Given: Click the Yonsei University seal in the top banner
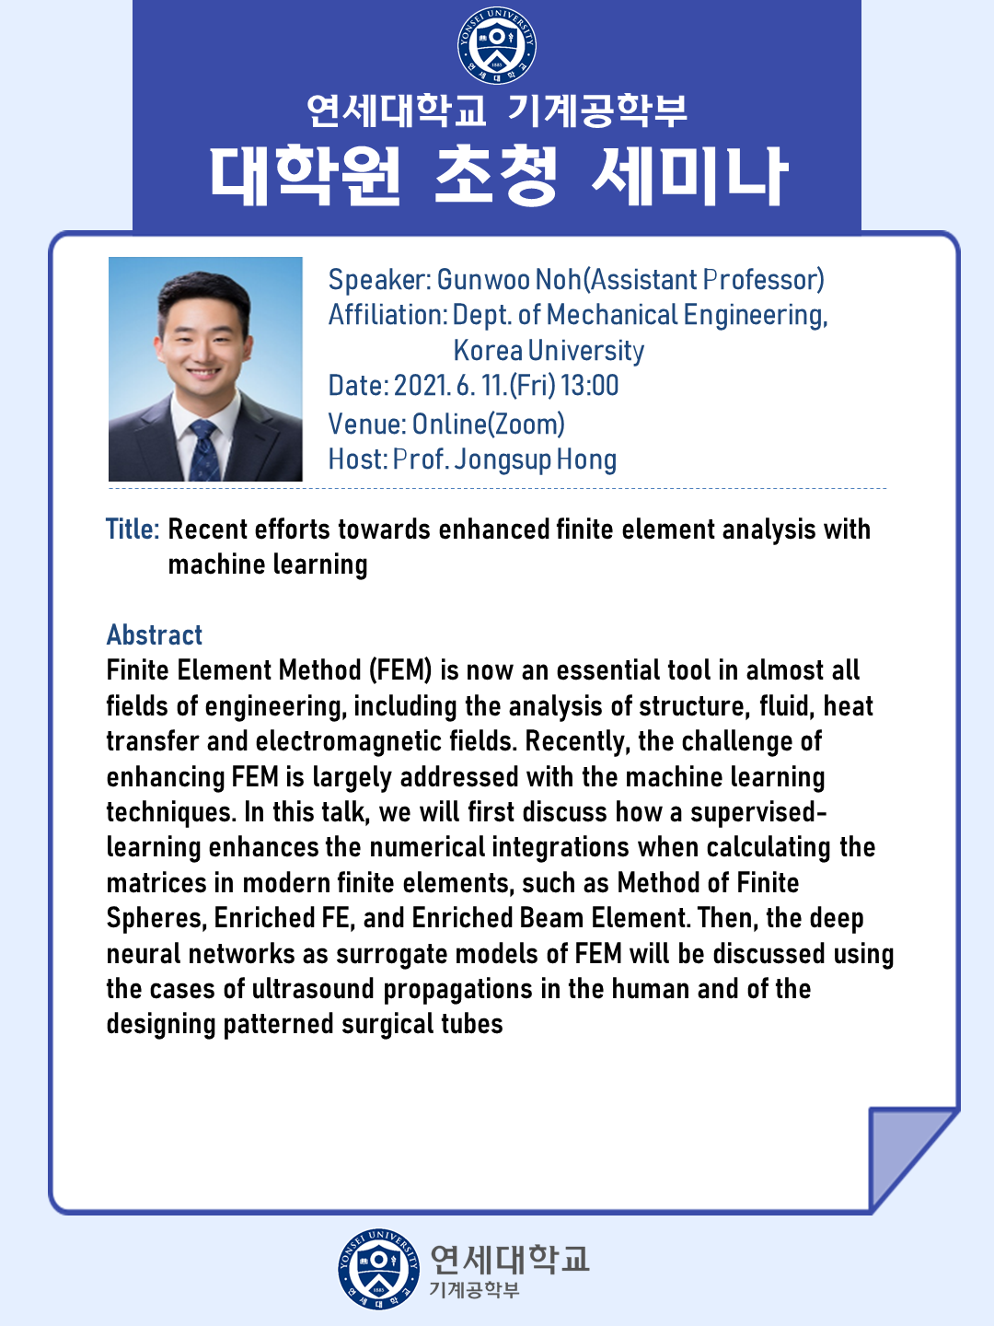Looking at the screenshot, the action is (497, 46).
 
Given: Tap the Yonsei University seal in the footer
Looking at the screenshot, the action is (378, 1269).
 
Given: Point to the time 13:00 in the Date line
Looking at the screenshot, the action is (590, 386).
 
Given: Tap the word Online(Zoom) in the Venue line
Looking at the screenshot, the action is (488, 425).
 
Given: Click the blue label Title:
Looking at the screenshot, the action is (133, 529).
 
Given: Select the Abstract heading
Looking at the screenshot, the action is (154, 634).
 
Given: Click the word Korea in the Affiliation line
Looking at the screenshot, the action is (488, 351).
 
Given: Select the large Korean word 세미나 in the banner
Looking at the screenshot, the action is (690, 176).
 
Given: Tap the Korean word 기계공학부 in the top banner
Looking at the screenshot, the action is (597, 111).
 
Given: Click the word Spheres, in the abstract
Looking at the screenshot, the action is (156, 919).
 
